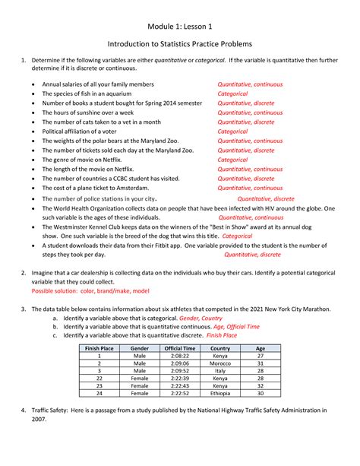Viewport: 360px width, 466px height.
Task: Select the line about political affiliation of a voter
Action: pos(87,131)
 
